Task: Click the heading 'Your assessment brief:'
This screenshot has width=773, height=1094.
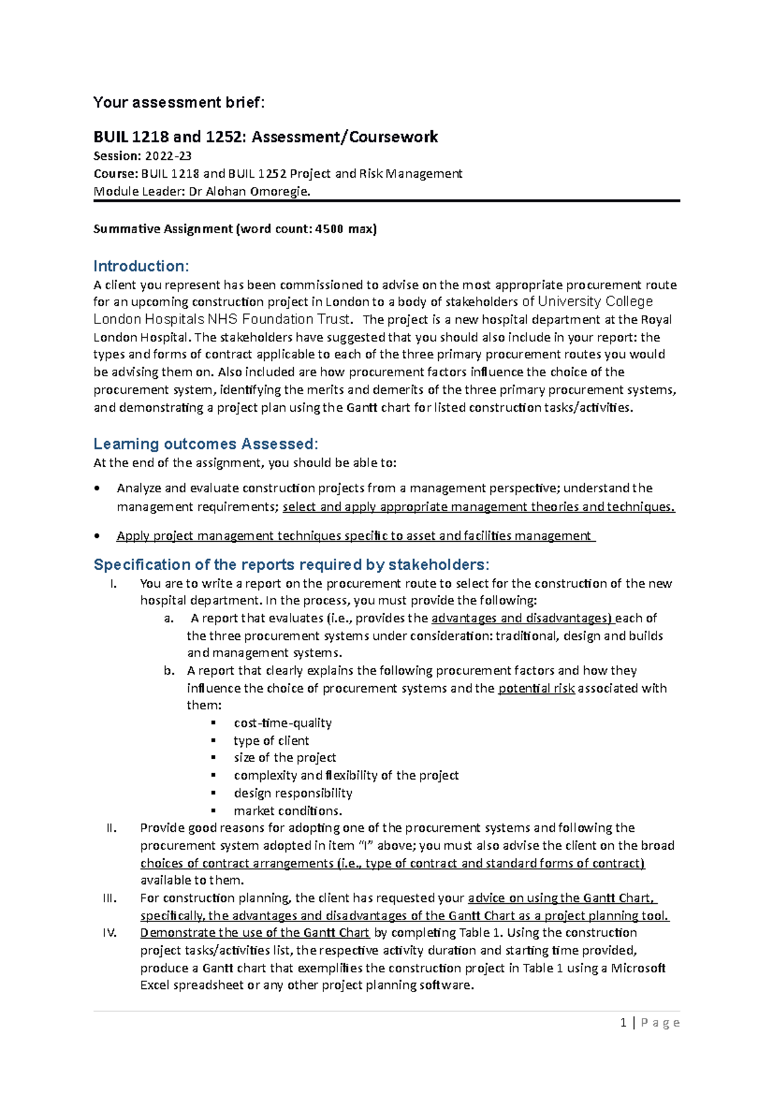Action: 178,102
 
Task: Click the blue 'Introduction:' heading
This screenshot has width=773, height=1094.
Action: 141,266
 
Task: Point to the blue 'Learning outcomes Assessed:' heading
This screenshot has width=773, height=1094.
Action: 205,444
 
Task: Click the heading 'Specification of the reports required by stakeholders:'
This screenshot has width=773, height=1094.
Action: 291,565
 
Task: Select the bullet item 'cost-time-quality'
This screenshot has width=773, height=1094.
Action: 283,723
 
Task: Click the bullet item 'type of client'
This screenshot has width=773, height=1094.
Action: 271,740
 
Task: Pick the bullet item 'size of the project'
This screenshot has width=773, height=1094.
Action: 285,758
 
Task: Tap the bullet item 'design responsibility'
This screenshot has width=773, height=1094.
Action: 293,793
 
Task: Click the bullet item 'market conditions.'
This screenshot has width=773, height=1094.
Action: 288,811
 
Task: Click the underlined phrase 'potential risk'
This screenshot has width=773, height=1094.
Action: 537,688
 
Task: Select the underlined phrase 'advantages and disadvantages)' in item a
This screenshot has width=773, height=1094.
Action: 522,618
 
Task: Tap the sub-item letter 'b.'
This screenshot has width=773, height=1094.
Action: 169,671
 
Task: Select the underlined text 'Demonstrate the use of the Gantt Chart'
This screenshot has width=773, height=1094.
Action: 254,933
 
